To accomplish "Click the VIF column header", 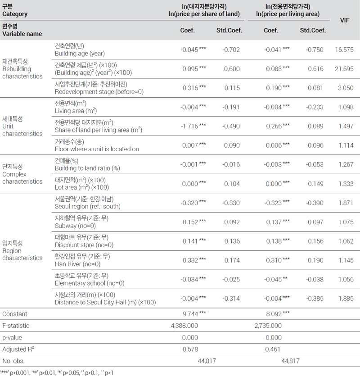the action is (x=345, y=20).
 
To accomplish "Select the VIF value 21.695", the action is (x=344, y=69).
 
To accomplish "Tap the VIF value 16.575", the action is (x=344, y=50).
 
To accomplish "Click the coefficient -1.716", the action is (x=189, y=126).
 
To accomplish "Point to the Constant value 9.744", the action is (x=190, y=314).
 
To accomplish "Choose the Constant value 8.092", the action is (x=274, y=314).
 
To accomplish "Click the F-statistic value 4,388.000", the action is (x=184, y=326).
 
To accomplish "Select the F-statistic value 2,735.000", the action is (x=268, y=326).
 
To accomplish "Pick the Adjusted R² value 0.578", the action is (x=190, y=349).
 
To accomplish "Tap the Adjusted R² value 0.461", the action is (x=273, y=349).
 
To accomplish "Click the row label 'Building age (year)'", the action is (x=80, y=54).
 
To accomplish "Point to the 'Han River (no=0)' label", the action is (x=78, y=264).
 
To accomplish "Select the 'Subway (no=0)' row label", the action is (x=75, y=226).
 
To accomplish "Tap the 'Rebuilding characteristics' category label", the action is (x=22, y=72).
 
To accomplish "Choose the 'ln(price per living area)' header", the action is (x=288, y=14).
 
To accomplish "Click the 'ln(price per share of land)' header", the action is (x=204, y=14).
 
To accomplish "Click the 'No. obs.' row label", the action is (x=13, y=361).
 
